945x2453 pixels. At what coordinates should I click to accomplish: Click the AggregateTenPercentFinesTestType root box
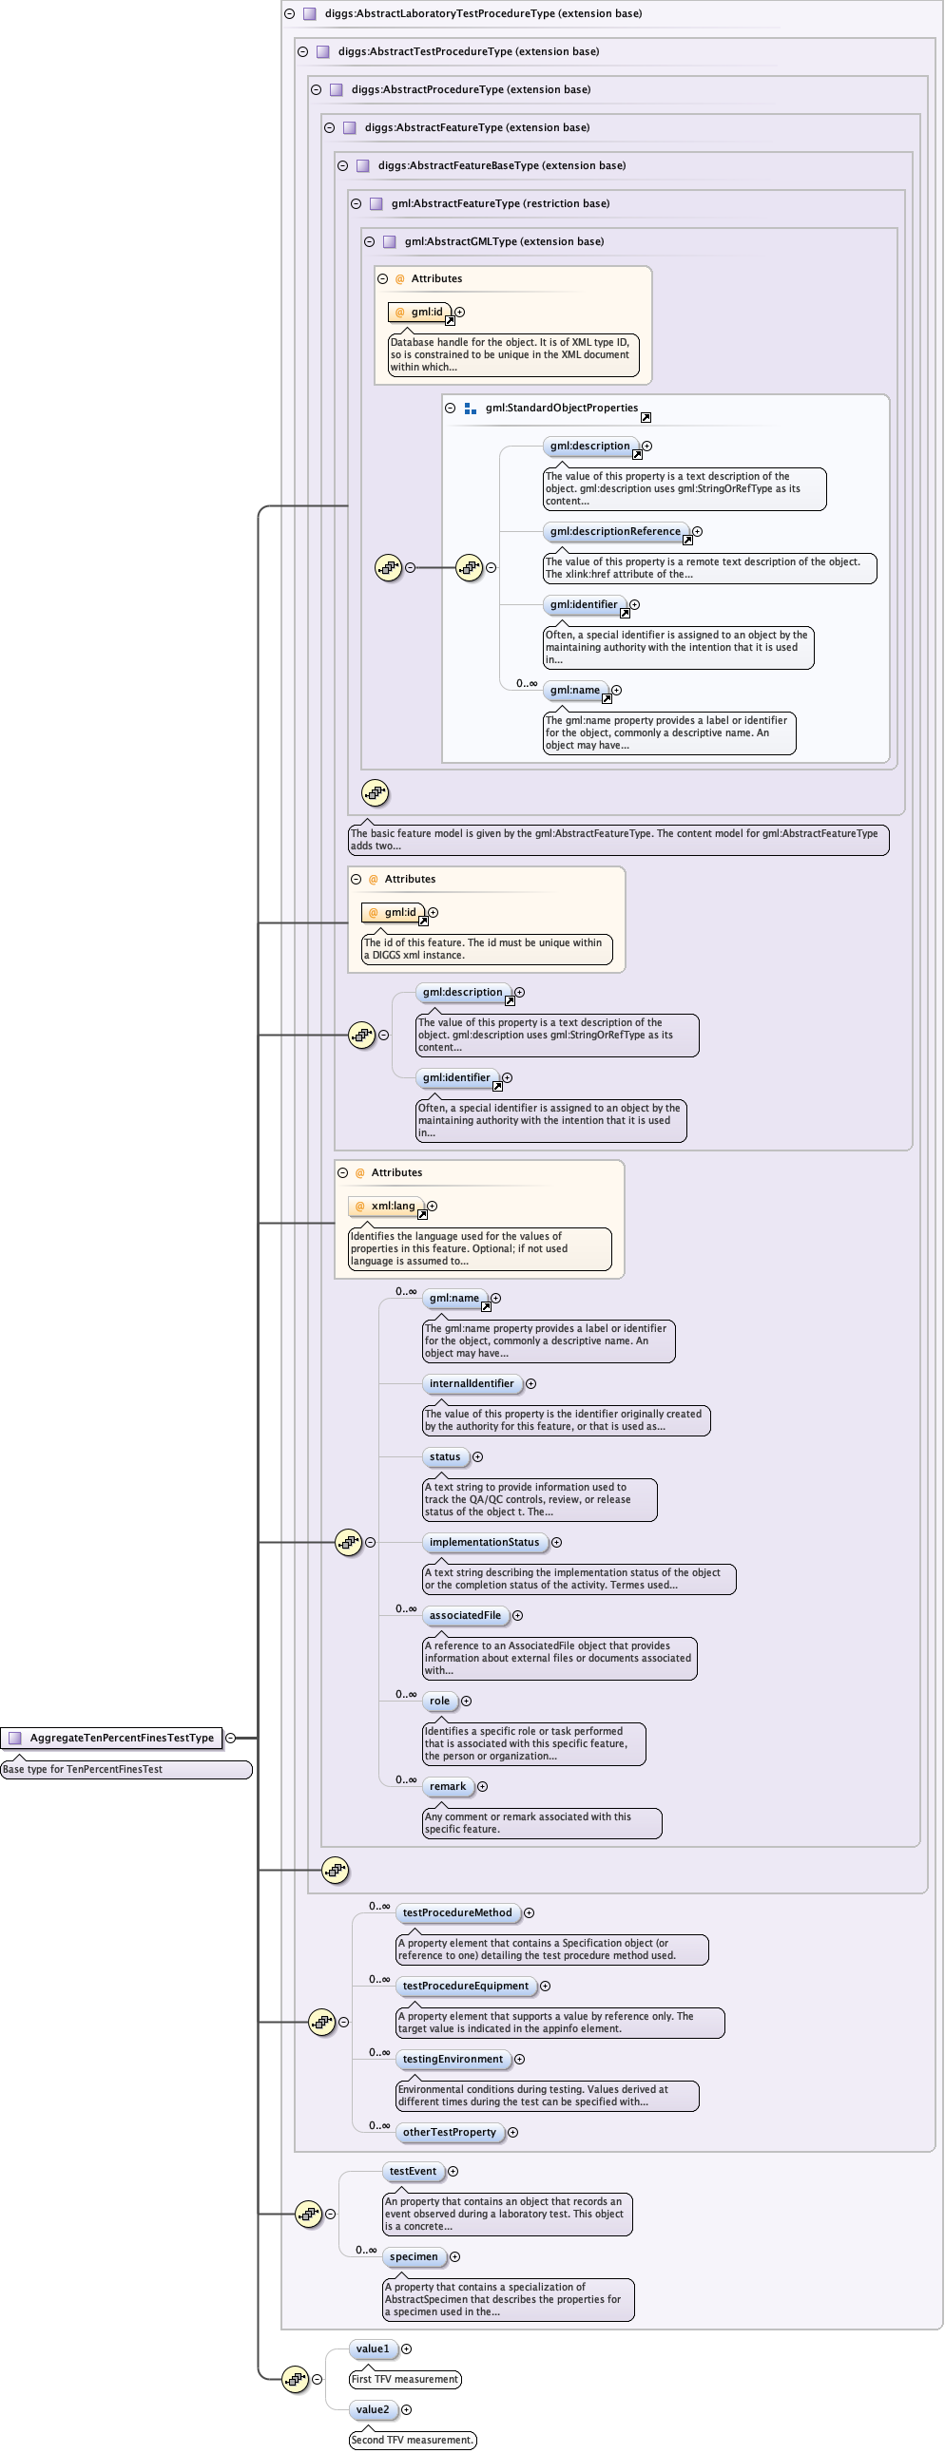(x=111, y=1738)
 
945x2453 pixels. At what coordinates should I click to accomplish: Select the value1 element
(x=373, y=2349)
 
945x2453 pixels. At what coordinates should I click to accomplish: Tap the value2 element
(x=373, y=2410)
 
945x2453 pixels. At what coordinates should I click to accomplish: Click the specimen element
(x=414, y=2257)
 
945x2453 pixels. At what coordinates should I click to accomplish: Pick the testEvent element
(x=413, y=2171)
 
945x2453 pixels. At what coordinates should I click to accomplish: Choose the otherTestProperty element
(x=449, y=2132)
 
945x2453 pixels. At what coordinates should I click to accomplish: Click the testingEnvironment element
(x=453, y=2059)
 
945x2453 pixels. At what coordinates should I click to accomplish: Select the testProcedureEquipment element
(x=465, y=1986)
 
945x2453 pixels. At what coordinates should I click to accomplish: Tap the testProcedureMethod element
(x=457, y=1912)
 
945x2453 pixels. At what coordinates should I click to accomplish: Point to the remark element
(x=448, y=1786)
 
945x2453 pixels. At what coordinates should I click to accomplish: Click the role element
(x=439, y=1701)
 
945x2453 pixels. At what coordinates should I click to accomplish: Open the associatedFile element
(x=465, y=1615)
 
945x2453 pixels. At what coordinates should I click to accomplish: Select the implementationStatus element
(x=484, y=1542)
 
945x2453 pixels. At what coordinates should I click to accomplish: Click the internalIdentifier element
(x=472, y=1383)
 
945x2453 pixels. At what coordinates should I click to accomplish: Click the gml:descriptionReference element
(x=615, y=531)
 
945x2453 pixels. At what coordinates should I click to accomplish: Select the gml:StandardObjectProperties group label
(x=561, y=409)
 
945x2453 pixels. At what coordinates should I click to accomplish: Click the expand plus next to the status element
(x=478, y=1457)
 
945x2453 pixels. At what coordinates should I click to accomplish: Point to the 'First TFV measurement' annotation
(x=405, y=2379)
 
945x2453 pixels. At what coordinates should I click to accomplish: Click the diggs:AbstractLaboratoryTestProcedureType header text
(x=483, y=13)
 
